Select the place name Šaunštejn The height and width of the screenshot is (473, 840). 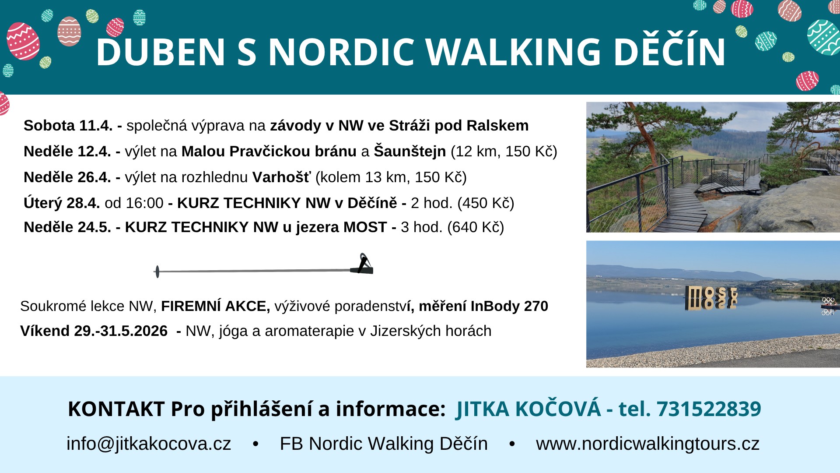409,151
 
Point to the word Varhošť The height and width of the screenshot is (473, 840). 281,177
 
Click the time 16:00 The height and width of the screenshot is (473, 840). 144,203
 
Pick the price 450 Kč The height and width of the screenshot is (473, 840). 485,203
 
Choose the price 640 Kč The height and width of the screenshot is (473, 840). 475,227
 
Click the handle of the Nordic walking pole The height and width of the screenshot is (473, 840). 362,265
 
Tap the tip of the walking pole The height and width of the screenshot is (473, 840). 157,272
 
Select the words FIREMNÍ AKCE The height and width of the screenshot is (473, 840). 216,306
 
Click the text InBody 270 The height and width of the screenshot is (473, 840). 509,306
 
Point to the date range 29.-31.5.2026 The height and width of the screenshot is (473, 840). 121,331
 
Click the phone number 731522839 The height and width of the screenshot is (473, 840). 709,409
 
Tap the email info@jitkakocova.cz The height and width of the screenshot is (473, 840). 149,444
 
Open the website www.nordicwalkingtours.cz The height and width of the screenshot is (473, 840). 647,444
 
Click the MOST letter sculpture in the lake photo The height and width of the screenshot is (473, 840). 711,298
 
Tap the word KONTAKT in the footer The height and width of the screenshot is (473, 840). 116,409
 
